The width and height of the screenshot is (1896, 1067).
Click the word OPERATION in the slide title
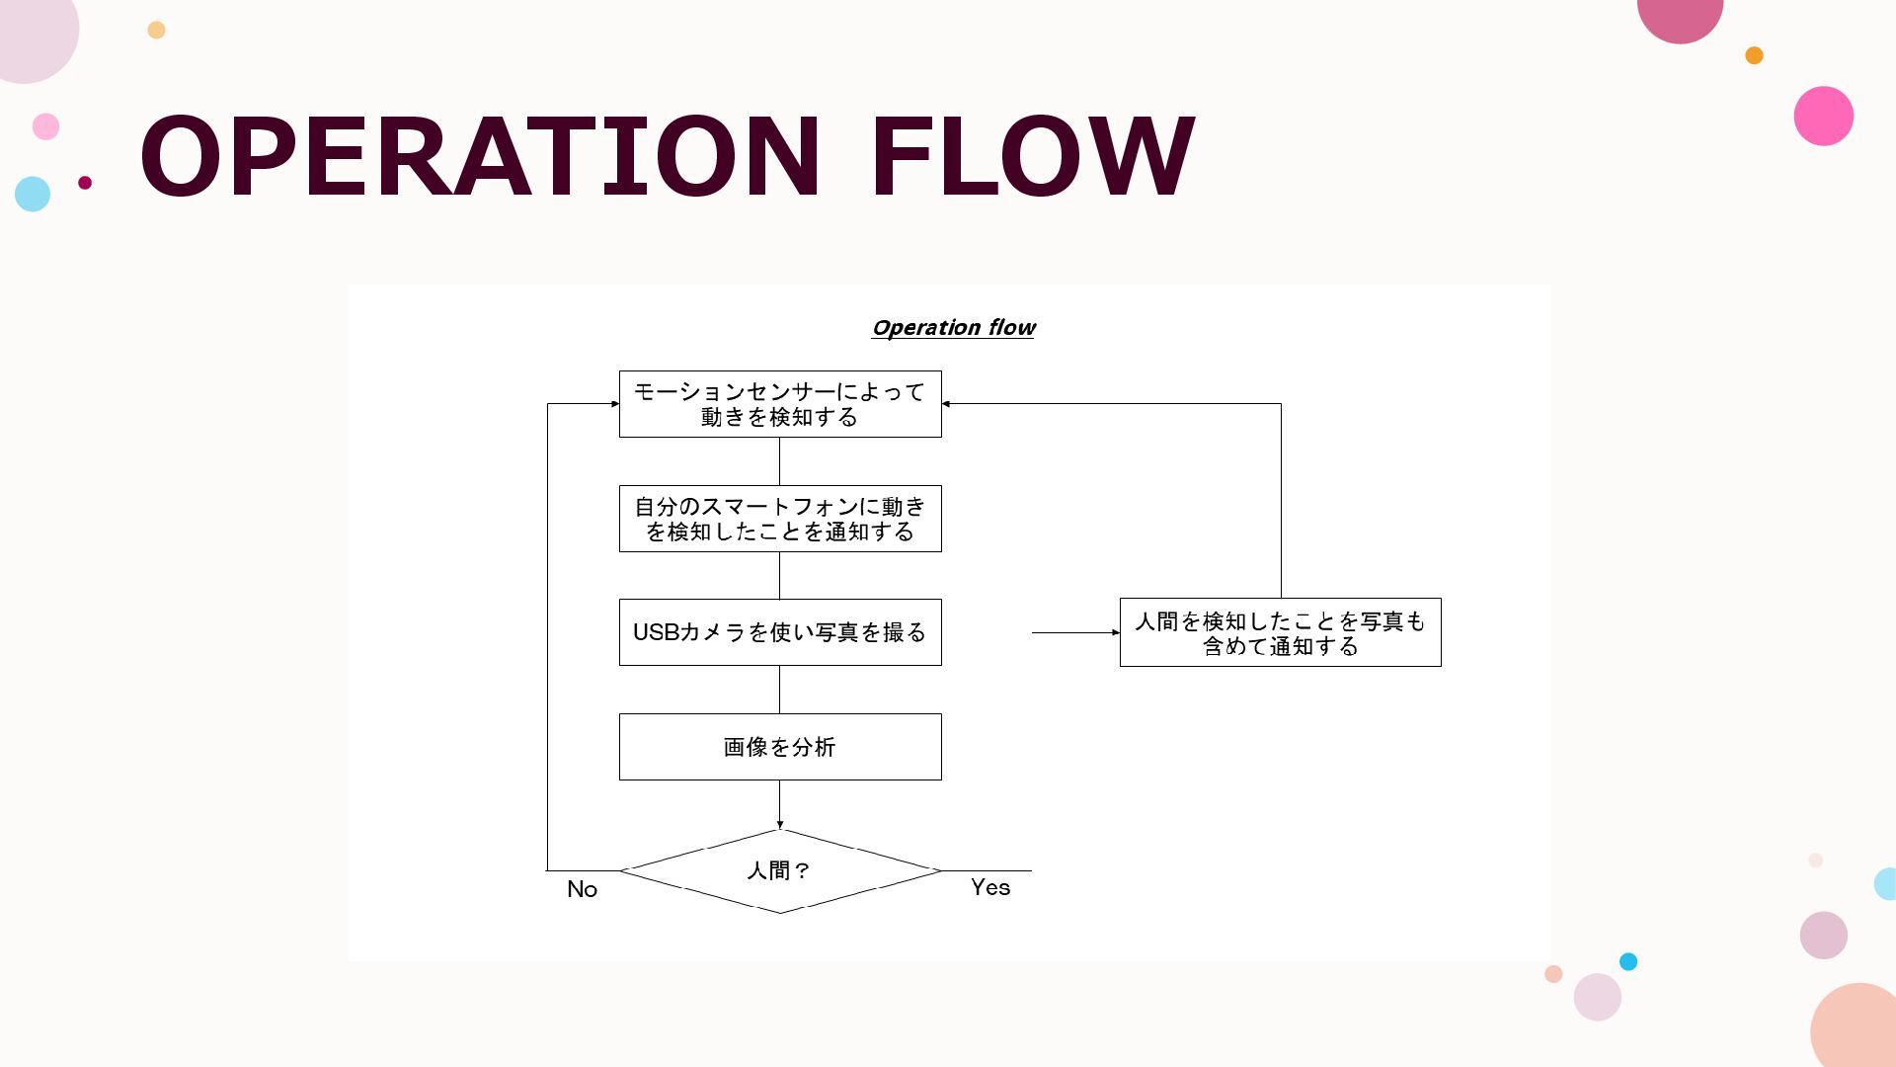coord(480,156)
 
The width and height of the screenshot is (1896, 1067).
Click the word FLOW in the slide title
coord(1032,156)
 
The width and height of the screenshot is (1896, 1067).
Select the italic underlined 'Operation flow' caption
coord(953,328)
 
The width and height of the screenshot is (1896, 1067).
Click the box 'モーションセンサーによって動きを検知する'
coord(780,404)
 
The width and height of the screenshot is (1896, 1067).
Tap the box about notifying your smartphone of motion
coord(780,519)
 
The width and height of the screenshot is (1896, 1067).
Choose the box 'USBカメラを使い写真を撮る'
coord(780,632)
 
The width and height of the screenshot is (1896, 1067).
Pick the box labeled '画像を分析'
coord(780,747)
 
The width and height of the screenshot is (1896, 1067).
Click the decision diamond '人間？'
coord(780,871)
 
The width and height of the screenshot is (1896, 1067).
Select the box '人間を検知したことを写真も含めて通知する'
coord(1280,632)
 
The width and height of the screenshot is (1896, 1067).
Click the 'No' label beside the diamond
coord(583,889)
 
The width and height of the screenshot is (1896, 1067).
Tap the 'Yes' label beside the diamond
coord(990,887)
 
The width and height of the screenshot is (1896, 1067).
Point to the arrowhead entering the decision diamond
coord(780,824)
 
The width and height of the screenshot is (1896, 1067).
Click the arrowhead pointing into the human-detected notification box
coord(1115,632)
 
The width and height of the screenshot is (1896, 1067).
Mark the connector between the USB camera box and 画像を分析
coord(780,690)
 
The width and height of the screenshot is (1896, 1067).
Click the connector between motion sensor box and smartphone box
coord(780,461)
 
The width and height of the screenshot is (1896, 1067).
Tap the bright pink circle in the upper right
coord(1823,116)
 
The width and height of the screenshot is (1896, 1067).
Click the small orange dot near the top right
coord(1754,55)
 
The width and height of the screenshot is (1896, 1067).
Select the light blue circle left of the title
coord(33,194)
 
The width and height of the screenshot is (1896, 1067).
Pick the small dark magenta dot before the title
coord(85,182)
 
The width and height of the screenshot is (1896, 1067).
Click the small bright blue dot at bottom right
coord(1628,961)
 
